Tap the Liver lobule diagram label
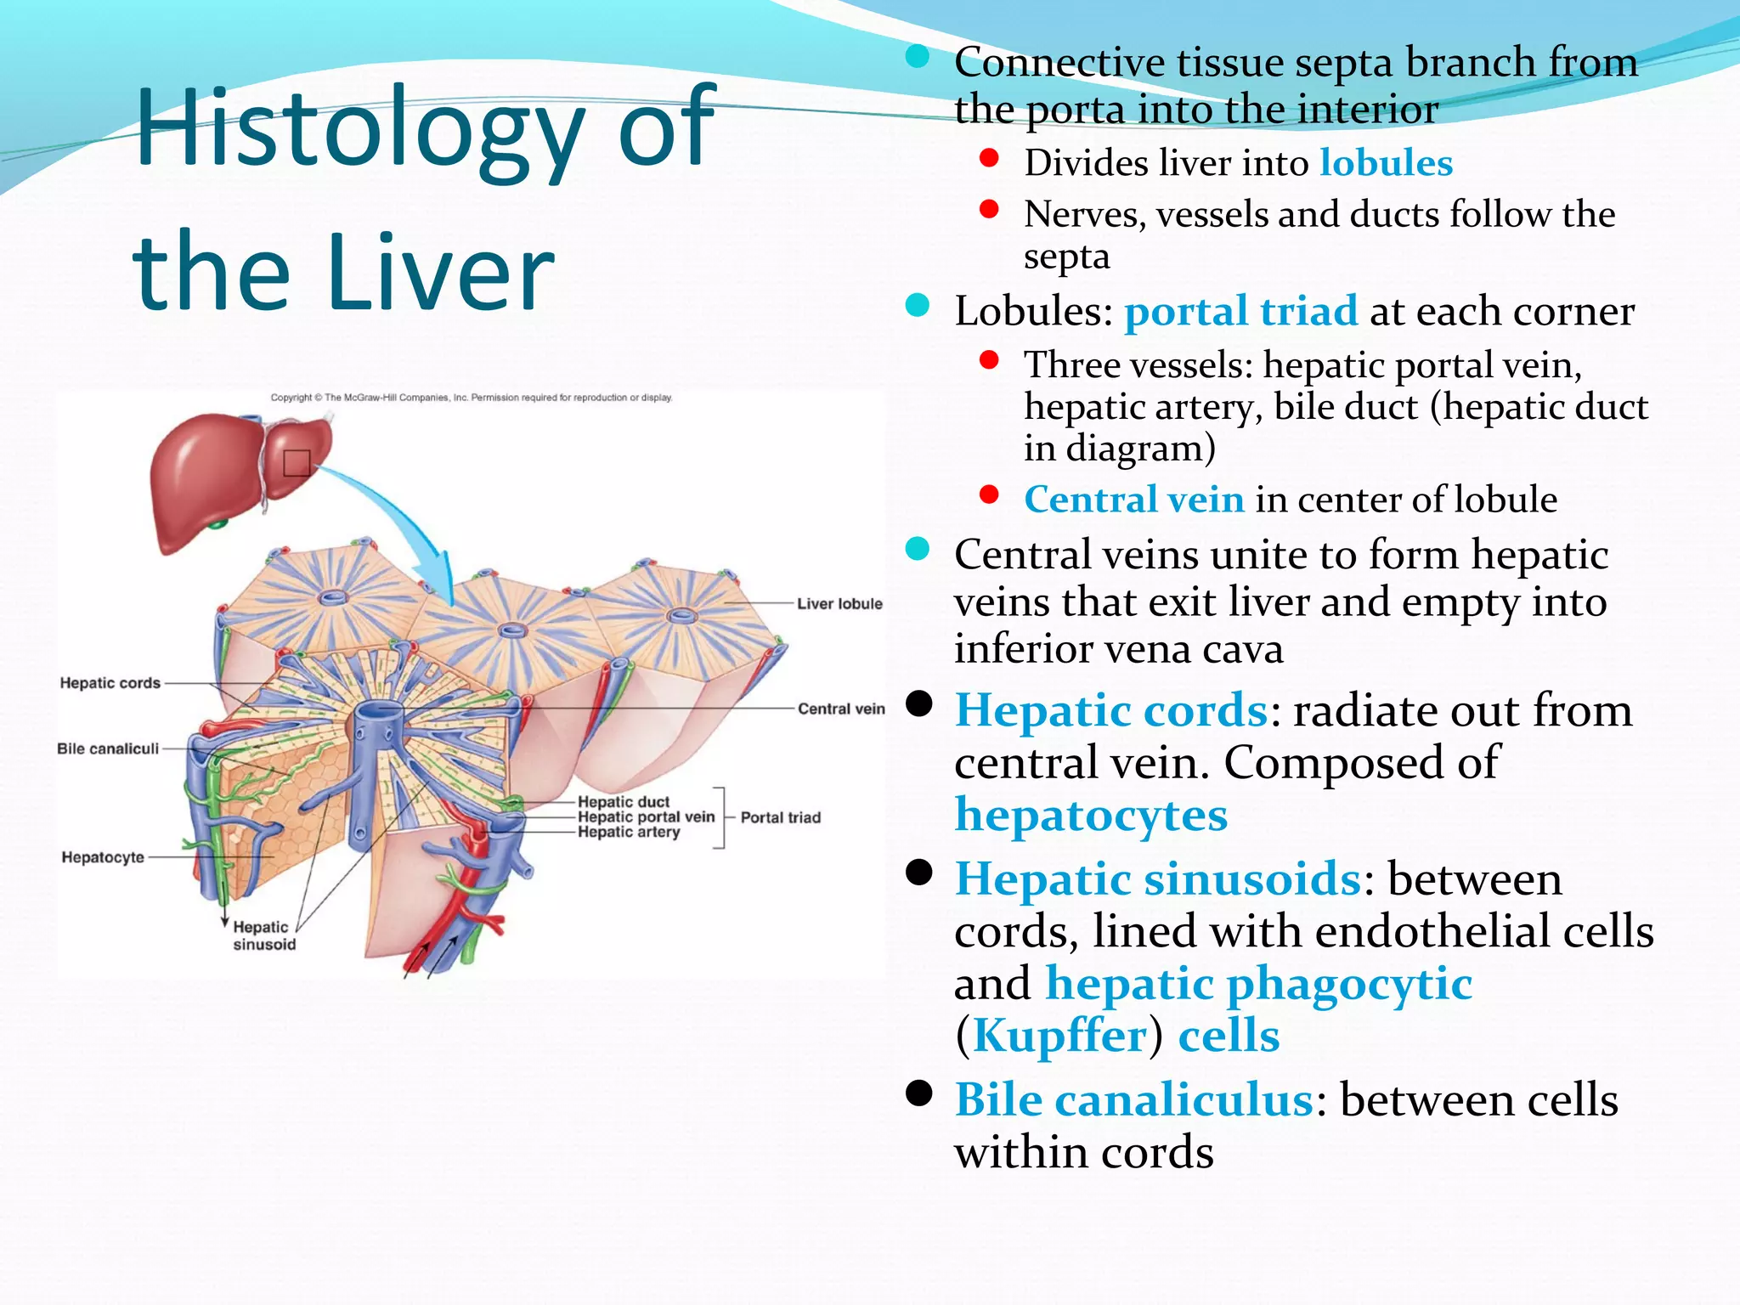[839, 604]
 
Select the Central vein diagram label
[840, 709]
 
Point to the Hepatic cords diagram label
[110, 683]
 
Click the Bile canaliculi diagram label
[108, 749]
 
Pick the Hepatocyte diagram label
[103, 858]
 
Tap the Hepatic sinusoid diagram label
[263, 936]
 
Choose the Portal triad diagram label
[780, 818]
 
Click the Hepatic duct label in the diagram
[623, 802]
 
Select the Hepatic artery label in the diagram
[629, 833]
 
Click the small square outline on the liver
[297, 463]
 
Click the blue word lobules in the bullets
[1386, 163]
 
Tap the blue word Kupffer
[1059, 1037]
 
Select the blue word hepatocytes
[1091, 816]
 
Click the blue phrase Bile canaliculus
[1134, 1101]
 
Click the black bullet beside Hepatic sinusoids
[918, 873]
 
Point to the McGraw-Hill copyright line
[471, 398]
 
